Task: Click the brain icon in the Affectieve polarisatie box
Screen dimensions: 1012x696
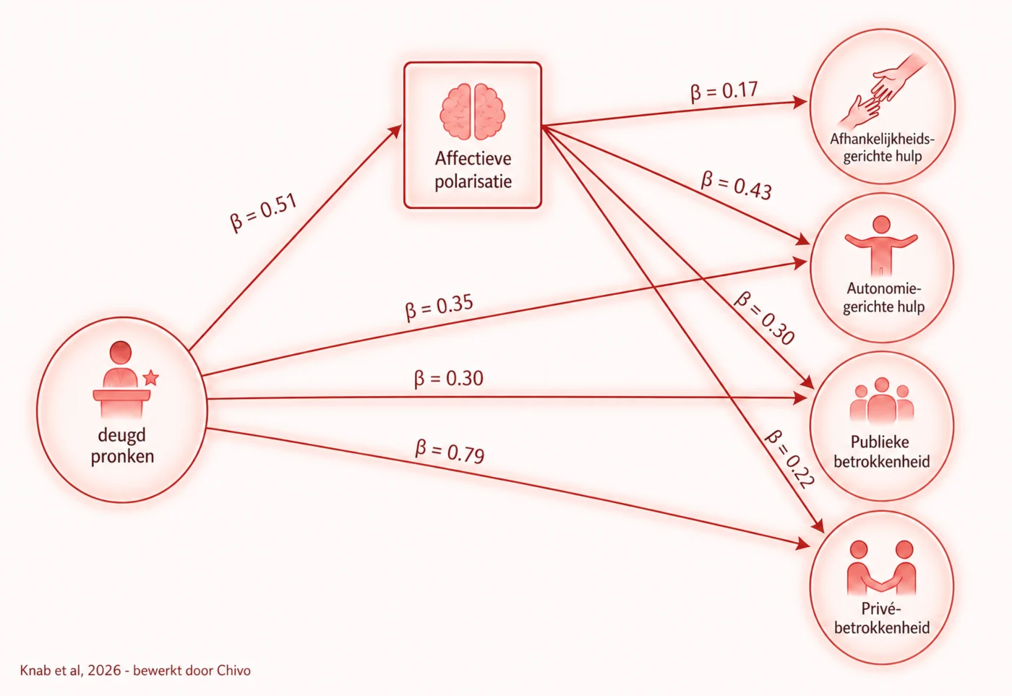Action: pos(473,111)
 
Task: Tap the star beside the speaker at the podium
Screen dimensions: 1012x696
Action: pos(150,377)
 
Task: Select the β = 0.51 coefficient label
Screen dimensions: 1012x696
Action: pos(263,212)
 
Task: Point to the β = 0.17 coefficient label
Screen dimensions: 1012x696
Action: pos(724,92)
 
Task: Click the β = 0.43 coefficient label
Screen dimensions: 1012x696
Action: pos(737,186)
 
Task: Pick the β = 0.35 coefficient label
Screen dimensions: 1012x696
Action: pos(439,306)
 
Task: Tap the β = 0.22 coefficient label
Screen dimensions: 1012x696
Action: pos(789,460)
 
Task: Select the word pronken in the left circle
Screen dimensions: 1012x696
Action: pos(122,457)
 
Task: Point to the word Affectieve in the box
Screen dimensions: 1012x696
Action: pos(473,158)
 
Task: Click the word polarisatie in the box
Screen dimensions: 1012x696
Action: pos(473,182)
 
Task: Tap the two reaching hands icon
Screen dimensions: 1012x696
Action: pos(883,90)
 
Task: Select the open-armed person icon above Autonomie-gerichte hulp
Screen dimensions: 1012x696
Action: pos(881,246)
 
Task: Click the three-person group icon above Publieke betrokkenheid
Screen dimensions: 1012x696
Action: pos(882,401)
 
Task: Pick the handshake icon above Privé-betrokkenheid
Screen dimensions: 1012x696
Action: pos(881,567)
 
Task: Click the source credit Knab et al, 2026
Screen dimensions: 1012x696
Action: pos(71,670)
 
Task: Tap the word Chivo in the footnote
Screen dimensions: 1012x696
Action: pos(233,670)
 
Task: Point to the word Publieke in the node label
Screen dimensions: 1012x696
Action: pos(880,442)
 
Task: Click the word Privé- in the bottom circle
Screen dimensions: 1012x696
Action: pos(881,609)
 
